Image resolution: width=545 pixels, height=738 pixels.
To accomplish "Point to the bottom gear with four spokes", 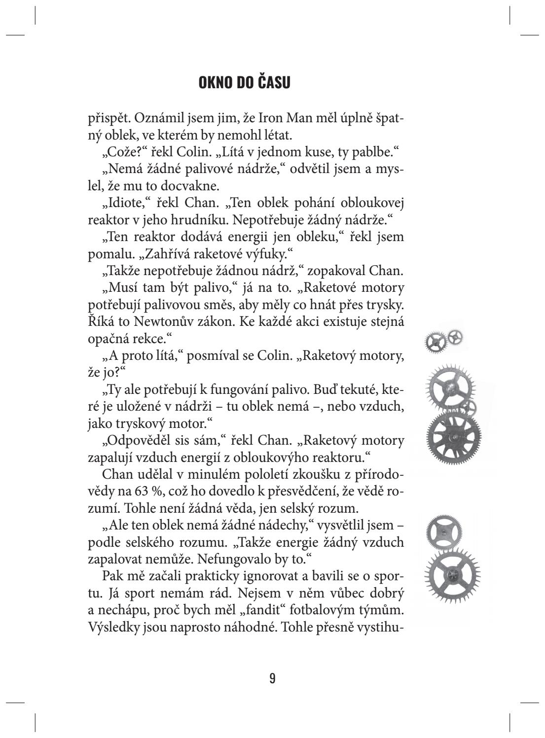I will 452,575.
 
